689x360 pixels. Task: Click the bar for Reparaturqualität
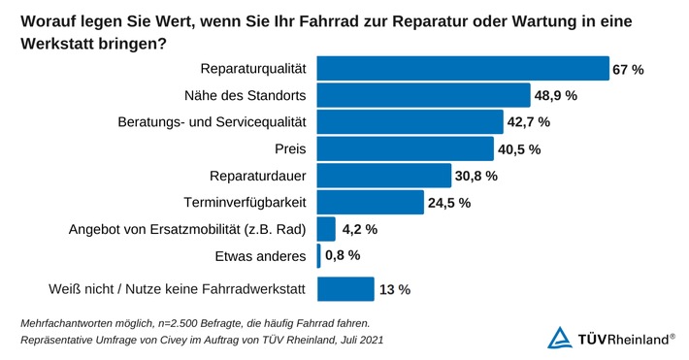click(x=463, y=69)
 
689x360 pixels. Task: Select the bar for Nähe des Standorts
click(x=424, y=95)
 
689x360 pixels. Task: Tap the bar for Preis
click(x=406, y=148)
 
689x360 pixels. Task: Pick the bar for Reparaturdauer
click(x=384, y=176)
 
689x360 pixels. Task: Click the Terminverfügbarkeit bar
click(x=371, y=202)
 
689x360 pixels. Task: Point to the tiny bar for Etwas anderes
click(x=318, y=255)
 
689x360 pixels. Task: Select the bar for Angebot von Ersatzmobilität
click(x=326, y=229)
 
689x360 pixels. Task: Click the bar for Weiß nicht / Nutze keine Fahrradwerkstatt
click(x=345, y=289)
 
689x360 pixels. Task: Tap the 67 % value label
click(x=628, y=70)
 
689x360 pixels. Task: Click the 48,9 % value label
click(x=556, y=96)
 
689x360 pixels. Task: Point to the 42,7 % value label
click(x=529, y=122)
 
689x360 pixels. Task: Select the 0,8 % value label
click(x=342, y=255)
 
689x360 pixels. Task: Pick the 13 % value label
click(x=395, y=289)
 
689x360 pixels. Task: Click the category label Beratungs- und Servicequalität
click(x=212, y=122)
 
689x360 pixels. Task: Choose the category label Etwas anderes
click(x=260, y=256)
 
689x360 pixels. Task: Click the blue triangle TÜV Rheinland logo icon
click(x=560, y=338)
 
